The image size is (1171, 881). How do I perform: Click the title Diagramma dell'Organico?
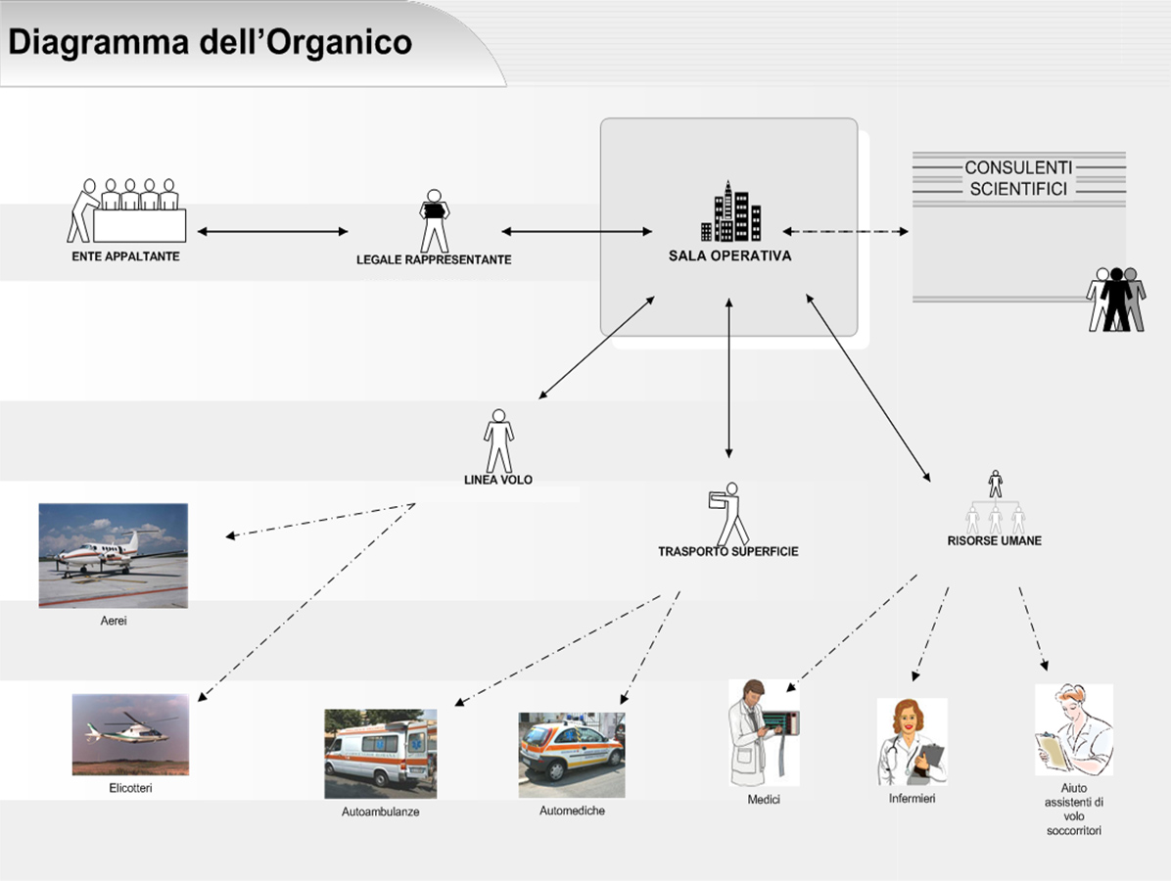(210, 42)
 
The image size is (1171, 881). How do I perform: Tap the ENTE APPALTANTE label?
(125, 256)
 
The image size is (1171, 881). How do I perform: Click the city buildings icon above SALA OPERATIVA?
(731, 211)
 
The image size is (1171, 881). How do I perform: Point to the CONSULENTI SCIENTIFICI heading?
(1018, 178)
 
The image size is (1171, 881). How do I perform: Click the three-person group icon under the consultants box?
(1116, 300)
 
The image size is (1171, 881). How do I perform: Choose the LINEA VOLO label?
(498, 480)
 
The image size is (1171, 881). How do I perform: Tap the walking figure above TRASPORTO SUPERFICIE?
(728, 514)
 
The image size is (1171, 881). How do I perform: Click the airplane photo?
(114, 555)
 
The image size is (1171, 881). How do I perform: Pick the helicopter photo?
(130, 735)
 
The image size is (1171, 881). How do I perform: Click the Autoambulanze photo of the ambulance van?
(380, 754)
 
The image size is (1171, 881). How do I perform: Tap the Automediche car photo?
(572, 755)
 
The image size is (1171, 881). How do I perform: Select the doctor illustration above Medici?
(764, 732)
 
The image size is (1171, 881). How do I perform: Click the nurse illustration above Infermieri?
(912, 741)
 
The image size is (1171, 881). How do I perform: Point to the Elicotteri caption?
(130, 788)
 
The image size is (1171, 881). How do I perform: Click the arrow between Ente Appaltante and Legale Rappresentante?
(272, 231)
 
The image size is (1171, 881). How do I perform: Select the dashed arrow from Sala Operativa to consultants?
(845, 231)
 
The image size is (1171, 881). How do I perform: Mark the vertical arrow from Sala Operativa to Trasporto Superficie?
(728, 378)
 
